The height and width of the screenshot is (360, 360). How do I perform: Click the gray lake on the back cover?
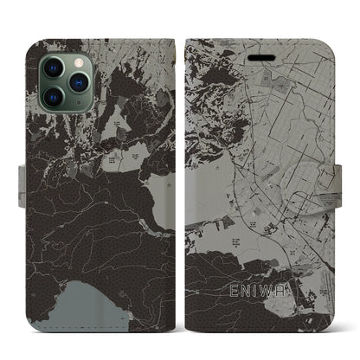pos(69,299)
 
